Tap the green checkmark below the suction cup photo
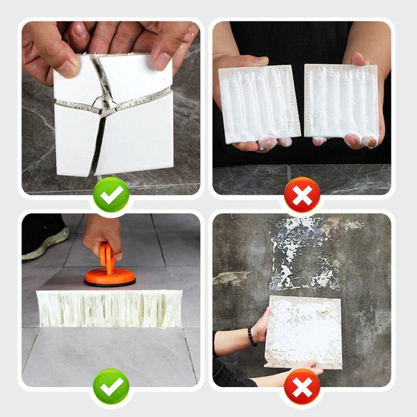(111, 388)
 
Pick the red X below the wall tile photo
(302, 388)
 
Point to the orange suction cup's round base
(110, 278)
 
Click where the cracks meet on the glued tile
(104, 108)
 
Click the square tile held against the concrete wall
(304, 331)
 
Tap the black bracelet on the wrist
(252, 336)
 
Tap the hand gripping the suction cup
(102, 233)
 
